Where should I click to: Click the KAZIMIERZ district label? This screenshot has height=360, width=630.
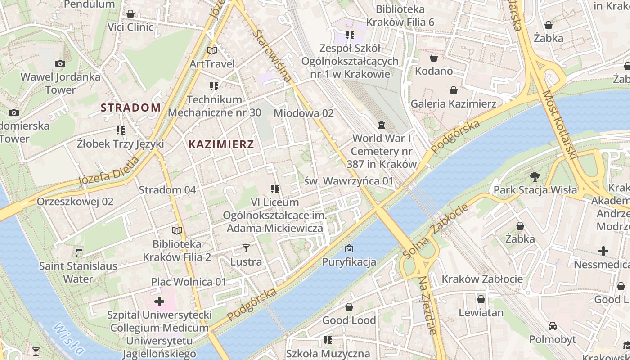coord(221,144)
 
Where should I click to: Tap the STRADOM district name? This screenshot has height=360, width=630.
coord(130,108)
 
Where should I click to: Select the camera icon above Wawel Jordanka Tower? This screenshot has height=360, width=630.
coord(60,64)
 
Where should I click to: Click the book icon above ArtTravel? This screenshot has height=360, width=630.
coord(212,50)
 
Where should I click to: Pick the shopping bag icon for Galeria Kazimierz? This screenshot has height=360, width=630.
coord(453,90)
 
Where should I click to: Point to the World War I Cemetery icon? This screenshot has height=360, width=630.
coord(382,124)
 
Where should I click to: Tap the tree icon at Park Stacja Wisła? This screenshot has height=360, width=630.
coord(535,176)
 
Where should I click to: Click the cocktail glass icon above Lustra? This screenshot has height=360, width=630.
coord(246,248)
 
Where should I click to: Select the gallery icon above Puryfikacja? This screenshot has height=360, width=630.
coord(349,248)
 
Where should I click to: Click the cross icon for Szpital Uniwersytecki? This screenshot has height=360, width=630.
coord(159,301)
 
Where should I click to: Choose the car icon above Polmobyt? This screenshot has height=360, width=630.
coord(552,326)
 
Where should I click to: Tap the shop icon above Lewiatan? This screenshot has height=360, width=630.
coord(481,299)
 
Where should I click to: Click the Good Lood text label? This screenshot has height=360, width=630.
coord(349,320)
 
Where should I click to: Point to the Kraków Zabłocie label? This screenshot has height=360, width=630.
coord(482,279)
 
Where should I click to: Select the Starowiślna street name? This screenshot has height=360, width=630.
coord(271,56)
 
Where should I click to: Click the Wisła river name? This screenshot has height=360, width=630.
coord(68,338)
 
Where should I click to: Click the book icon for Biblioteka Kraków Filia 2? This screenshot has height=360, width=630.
coord(177,231)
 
